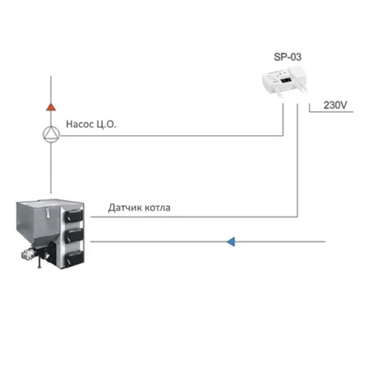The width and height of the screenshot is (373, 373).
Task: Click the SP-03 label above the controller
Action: pos(288,57)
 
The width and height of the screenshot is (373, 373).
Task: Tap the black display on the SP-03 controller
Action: pos(286,80)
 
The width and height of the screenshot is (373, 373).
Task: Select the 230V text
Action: pos(335,105)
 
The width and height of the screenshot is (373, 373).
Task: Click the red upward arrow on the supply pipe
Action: pos(51,107)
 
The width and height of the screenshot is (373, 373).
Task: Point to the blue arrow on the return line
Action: pos(231,242)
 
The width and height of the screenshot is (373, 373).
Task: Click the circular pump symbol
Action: pos(51,134)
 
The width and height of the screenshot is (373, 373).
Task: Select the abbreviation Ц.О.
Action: pos(106,124)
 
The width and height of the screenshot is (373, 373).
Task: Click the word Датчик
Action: pos(125,207)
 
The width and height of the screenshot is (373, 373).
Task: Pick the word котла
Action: pos(158,208)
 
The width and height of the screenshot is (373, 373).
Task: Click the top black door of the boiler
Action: pos(74,216)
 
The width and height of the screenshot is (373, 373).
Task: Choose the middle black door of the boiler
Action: pos(74,235)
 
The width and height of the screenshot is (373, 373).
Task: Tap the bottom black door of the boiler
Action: pos(75,258)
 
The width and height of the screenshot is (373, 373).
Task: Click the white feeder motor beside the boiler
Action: pos(28,254)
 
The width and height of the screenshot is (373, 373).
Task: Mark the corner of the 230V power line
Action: pos(309,112)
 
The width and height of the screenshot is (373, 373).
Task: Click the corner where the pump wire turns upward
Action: pos(283,135)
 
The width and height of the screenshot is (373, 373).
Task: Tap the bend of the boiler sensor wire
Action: pos(298,217)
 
